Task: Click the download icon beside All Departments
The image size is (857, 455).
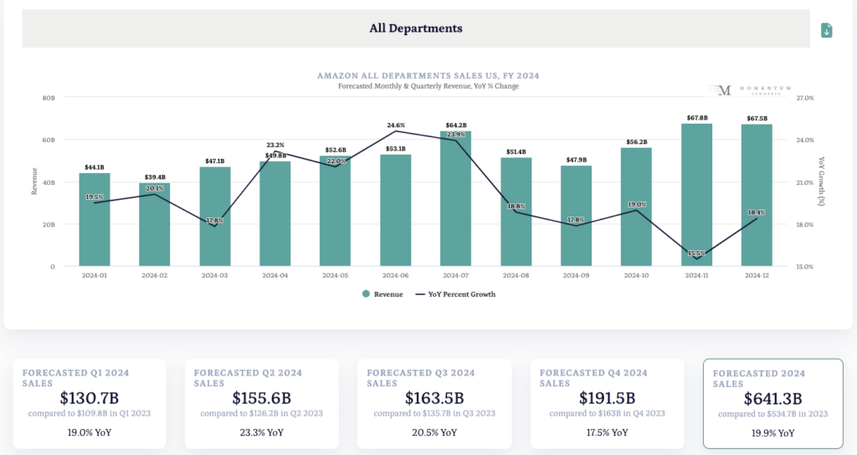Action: [x=827, y=30]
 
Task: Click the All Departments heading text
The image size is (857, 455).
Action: [x=416, y=28]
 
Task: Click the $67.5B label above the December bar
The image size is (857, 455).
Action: [x=757, y=118]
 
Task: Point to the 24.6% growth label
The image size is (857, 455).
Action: [x=396, y=125]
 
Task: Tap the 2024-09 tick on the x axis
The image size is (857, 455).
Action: [x=576, y=275]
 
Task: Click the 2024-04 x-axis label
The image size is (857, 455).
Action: [x=275, y=275]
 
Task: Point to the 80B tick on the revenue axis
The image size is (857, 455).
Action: [x=48, y=98]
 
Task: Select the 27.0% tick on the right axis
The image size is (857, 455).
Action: [x=804, y=98]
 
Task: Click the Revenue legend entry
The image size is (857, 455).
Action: [x=382, y=294]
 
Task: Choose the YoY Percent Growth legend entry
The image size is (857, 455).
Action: [x=455, y=294]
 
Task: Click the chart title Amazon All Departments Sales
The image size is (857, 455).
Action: [x=428, y=75]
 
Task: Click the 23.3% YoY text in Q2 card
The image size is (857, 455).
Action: [x=262, y=432]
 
